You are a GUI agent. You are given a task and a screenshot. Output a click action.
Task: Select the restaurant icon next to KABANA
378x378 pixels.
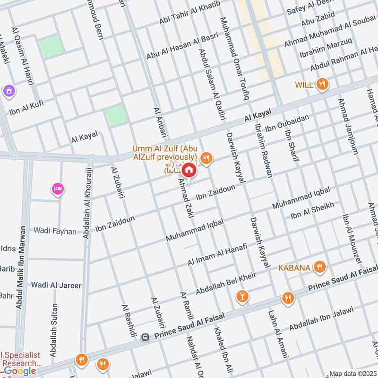pos(320,268)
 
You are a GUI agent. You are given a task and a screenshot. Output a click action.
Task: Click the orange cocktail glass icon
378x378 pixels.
pos(242,296)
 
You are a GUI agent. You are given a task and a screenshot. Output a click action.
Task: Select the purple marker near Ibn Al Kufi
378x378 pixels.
pos(8,90)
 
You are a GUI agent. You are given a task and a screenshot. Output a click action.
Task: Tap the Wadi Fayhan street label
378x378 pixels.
pos(55,231)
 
